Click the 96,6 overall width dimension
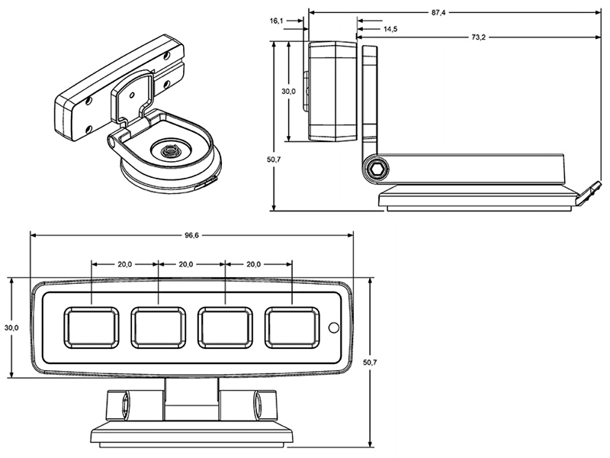(191, 236)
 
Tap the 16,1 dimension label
(278, 21)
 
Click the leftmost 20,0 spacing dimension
(125, 264)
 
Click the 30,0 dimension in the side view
(288, 91)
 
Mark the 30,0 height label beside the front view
(11, 327)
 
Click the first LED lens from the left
(91, 327)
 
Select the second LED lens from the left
(158, 327)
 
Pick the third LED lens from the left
(226, 327)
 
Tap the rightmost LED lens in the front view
(293, 327)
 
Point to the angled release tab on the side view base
(586, 192)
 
